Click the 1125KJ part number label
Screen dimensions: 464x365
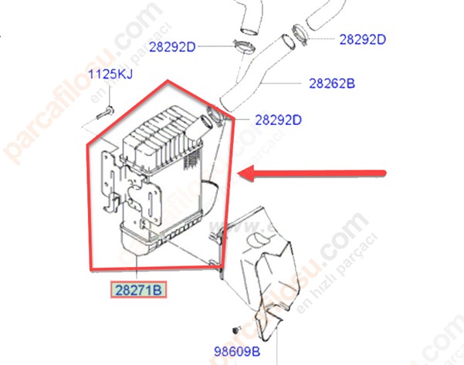tap(110, 74)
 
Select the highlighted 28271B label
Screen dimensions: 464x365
tap(138, 290)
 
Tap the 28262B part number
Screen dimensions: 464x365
tap(332, 83)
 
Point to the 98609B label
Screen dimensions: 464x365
tap(237, 351)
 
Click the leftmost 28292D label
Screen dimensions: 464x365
tap(172, 47)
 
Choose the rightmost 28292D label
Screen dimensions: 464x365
tap(363, 39)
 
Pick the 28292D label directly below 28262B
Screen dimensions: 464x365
tap(278, 120)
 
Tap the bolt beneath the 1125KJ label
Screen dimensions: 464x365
tap(105, 113)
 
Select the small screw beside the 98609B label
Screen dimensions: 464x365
tap(236, 330)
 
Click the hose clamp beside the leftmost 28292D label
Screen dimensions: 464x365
tap(245, 47)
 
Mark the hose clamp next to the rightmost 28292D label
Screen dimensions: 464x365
tap(300, 35)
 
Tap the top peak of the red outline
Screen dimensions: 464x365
tap(168, 80)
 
